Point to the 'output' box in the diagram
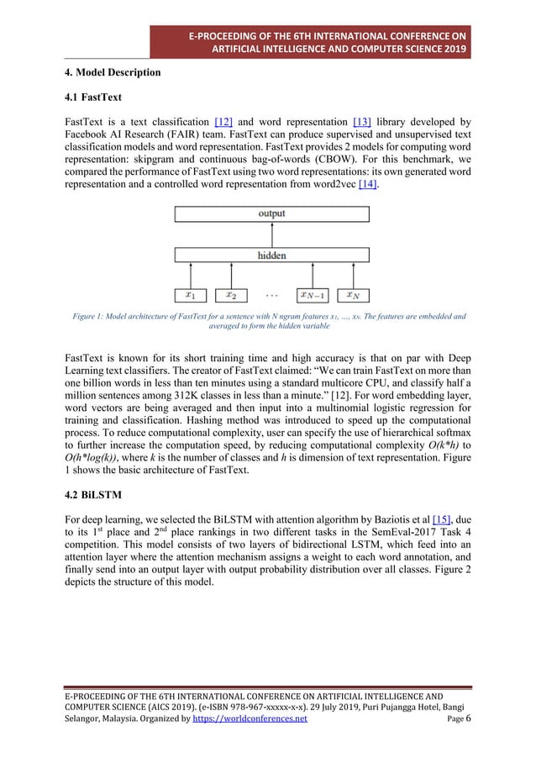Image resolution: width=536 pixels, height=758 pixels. (271, 214)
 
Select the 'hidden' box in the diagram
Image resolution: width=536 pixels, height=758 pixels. (271, 255)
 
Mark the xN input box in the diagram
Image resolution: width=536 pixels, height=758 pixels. (352, 295)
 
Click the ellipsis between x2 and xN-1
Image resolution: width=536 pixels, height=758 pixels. (273, 295)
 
